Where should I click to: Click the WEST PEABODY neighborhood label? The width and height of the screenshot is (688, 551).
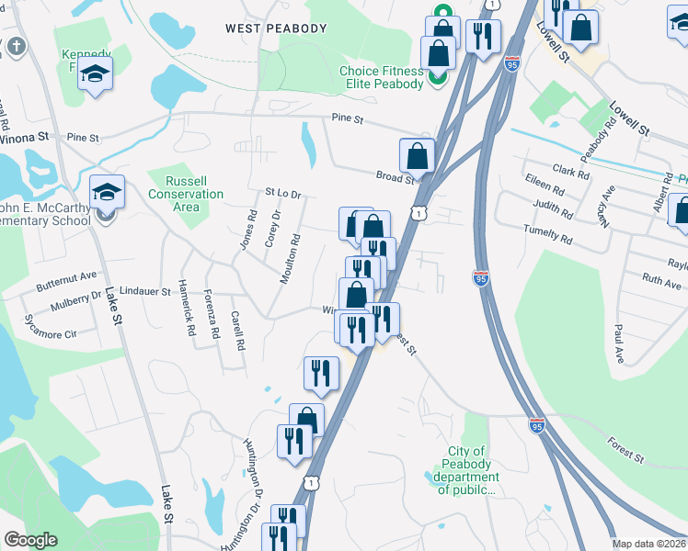click(x=276, y=28)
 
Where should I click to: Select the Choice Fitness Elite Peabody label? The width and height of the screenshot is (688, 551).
click(x=382, y=77)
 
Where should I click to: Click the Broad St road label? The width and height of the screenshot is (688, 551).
click(x=395, y=176)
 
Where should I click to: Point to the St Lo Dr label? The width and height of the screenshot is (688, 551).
click(x=283, y=194)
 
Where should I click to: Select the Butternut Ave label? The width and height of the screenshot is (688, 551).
click(x=66, y=276)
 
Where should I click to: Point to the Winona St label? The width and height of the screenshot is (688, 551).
click(x=24, y=136)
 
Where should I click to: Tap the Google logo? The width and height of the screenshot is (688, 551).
click(x=30, y=540)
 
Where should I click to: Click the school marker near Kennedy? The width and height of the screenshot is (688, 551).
click(x=95, y=73)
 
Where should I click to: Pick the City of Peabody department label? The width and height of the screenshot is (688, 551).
click(x=466, y=470)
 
